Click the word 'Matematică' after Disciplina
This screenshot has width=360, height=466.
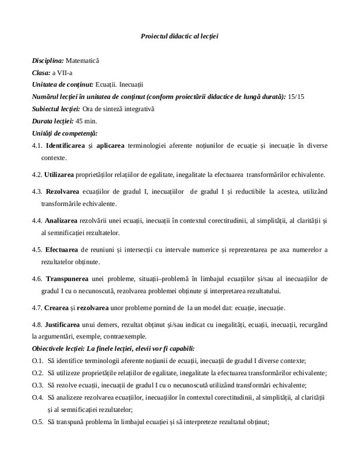pos(83,61)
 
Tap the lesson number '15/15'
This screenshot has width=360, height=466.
pos(297,96)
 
